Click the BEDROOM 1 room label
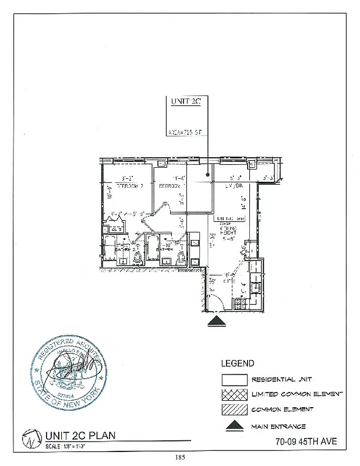click(172, 186)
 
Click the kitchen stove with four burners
click(238, 302)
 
